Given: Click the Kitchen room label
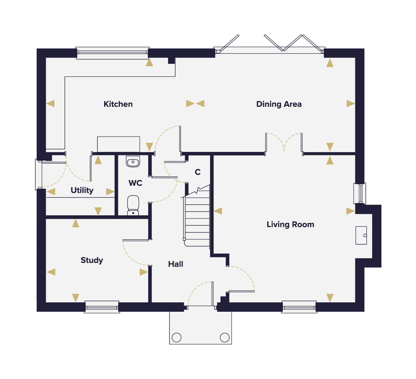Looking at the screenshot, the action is click(118, 104).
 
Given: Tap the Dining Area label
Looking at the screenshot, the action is click(279, 104).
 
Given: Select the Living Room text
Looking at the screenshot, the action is click(290, 224).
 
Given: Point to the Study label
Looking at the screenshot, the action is click(92, 260).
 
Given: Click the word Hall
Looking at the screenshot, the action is click(176, 264).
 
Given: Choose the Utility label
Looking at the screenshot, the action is click(82, 190).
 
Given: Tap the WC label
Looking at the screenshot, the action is click(136, 183).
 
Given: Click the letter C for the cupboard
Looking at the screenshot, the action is click(198, 172).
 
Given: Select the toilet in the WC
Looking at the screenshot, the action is click(133, 205).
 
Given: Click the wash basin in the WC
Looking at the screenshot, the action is click(133, 162).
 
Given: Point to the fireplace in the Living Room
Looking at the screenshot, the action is click(361, 235).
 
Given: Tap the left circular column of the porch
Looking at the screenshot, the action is click(177, 337).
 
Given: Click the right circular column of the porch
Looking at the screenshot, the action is click(225, 337).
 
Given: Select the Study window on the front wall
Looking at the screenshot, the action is click(102, 307).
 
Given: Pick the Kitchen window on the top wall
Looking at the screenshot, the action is click(113, 53).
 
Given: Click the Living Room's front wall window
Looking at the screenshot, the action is click(299, 307).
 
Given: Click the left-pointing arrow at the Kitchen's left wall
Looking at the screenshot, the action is click(50, 104).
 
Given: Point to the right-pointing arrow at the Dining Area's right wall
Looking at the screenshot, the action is click(351, 104).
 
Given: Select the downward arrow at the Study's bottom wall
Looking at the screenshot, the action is click(76, 298).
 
